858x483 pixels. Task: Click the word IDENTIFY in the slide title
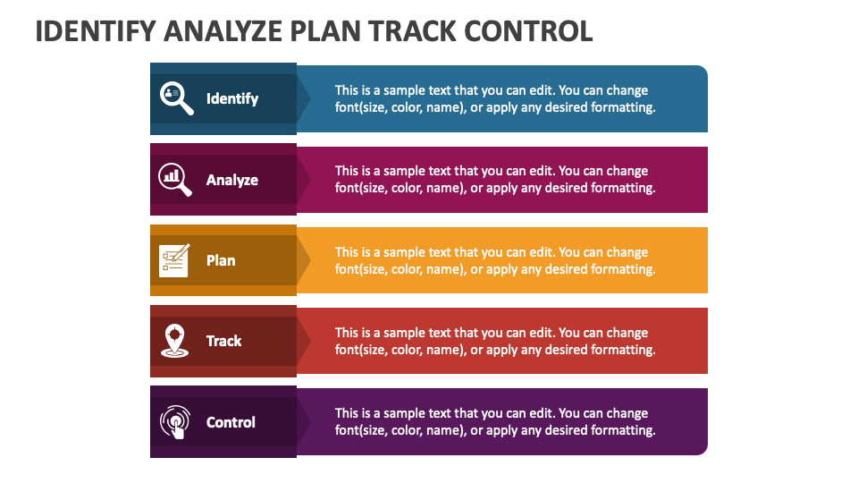click(x=95, y=31)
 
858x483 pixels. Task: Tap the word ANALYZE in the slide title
click(x=223, y=31)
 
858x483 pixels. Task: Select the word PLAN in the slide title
click(x=328, y=31)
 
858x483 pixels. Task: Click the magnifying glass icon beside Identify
click(x=176, y=98)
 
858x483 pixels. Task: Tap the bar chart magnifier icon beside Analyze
click(x=175, y=179)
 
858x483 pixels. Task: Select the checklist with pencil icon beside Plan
click(x=174, y=260)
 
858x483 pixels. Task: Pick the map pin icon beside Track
click(x=174, y=341)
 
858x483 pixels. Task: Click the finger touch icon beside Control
click(x=174, y=422)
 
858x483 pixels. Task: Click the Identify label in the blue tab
click(x=232, y=98)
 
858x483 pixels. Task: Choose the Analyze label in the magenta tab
click(x=232, y=180)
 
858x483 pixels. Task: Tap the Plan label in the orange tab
click(x=221, y=260)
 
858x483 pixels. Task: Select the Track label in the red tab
click(x=224, y=341)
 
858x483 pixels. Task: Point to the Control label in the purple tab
click(x=231, y=422)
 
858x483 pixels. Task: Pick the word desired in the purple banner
click(x=564, y=430)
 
